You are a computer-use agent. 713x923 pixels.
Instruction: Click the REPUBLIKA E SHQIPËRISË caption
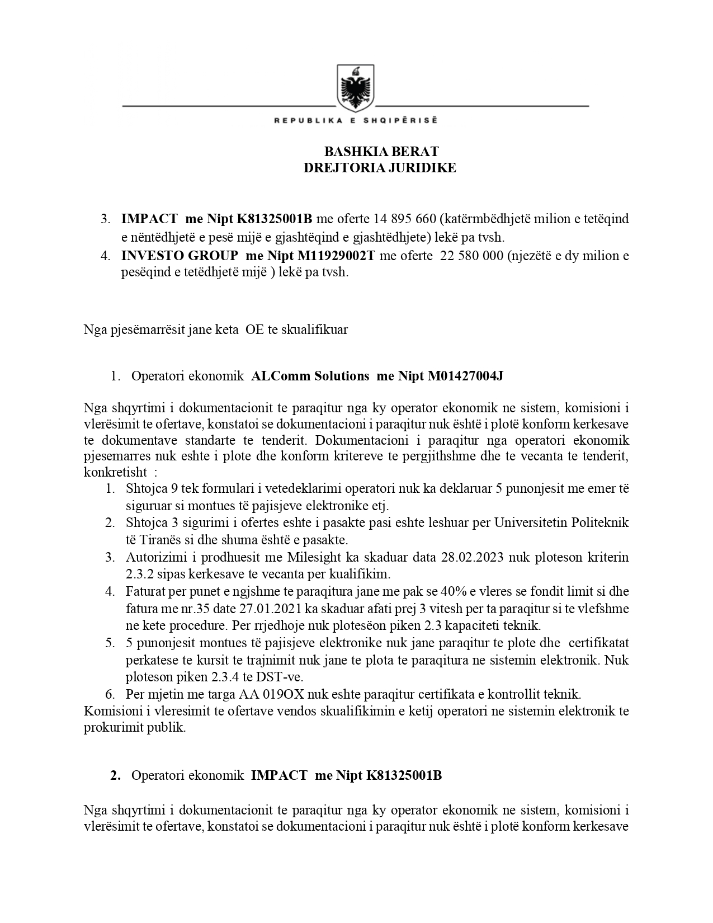pos(356,120)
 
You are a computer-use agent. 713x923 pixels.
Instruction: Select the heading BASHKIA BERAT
pos(381,152)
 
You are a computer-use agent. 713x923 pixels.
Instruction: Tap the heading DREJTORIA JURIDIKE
pos(380,168)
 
